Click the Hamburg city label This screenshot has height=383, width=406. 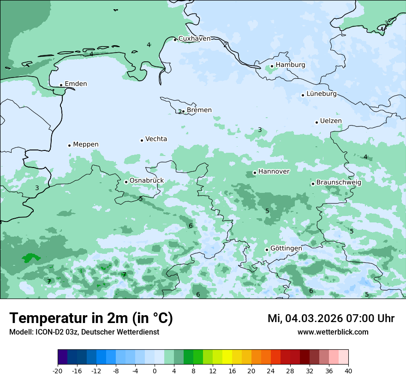coord(290,65)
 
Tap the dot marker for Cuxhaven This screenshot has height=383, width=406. coord(175,40)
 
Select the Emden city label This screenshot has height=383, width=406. coord(76,84)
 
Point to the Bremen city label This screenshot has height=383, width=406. coord(199,110)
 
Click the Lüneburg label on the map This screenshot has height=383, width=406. coord(321,94)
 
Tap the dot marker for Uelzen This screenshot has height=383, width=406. coord(317,122)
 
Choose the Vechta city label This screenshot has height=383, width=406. coord(156,139)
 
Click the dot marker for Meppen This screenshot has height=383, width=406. coord(70,145)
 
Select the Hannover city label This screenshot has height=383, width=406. coord(274,172)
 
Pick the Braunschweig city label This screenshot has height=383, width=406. coord(339,183)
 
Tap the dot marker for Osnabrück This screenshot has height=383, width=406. coord(126,182)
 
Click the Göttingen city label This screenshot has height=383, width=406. coord(286,248)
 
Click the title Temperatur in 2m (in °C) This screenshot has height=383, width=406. coord(91,318)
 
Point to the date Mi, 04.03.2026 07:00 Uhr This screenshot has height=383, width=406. coord(331,318)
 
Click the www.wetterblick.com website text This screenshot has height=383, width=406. coord(333,332)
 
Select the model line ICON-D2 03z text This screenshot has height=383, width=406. coord(84,332)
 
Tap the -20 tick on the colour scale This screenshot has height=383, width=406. coord(58,371)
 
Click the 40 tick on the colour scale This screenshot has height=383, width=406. coord(348,371)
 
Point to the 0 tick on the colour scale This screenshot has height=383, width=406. coord(155,371)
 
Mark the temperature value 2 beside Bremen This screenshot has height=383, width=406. coord(180,112)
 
